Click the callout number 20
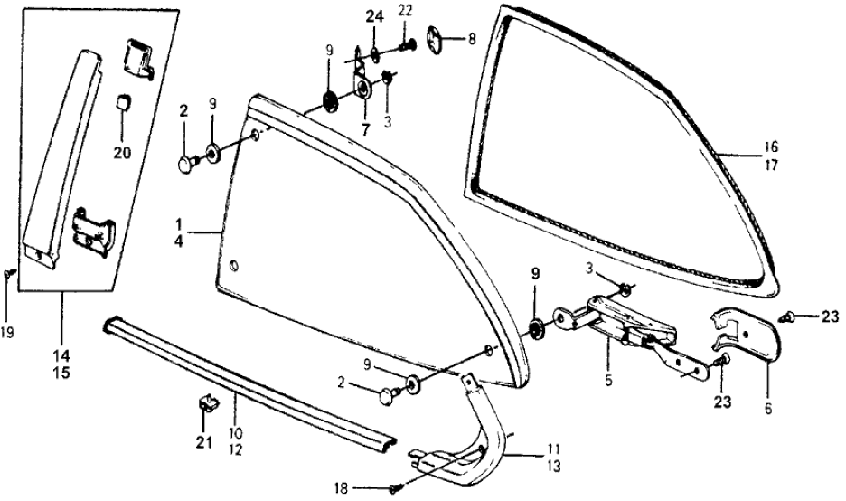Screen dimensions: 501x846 122,152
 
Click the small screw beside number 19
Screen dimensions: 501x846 8,271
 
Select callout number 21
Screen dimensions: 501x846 204,442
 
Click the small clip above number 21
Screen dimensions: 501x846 206,403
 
